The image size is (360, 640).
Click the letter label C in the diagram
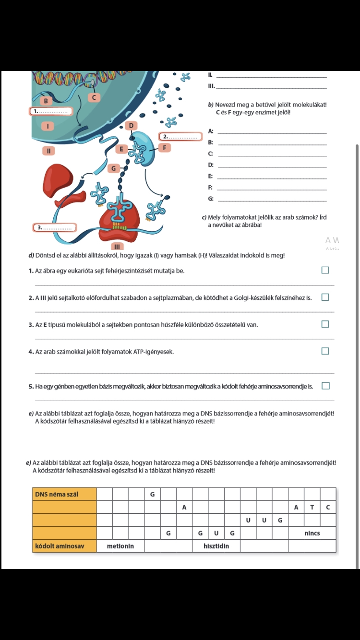[x=94, y=97]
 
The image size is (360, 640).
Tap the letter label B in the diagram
[x=46, y=101]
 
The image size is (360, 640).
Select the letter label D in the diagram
[x=131, y=125]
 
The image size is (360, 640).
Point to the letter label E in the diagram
[x=121, y=149]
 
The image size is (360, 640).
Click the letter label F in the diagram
[x=165, y=148]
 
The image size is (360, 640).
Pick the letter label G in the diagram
[x=113, y=168]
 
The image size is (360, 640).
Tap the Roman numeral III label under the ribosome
[x=117, y=246]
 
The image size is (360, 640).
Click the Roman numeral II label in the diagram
[x=48, y=151]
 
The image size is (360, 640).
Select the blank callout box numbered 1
[x=51, y=111]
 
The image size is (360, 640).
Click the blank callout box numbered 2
[x=180, y=137]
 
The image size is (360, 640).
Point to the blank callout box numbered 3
[x=55, y=228]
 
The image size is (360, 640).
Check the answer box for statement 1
[x=325, y=270]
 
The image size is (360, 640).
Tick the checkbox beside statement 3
[x=325, y=324]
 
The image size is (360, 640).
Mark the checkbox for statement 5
[x=325, y=386]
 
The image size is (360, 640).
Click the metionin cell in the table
[x=120, y=546]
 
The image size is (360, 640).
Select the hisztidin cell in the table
[x=216, y=546]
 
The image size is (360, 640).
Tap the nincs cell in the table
[x=312, y=533]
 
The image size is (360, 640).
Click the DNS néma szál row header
[x=64, y=494]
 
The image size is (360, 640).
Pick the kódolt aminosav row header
[x=64, y=546]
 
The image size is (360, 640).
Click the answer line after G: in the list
[x=272, y=201]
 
